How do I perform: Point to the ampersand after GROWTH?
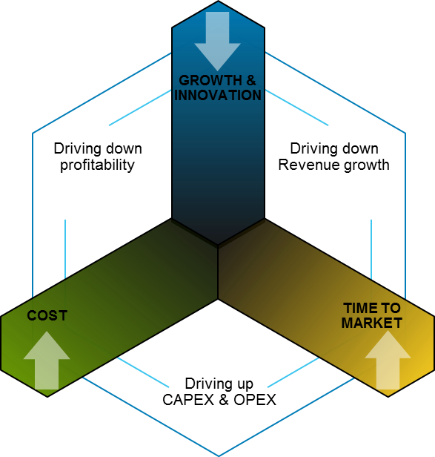pos(253,80)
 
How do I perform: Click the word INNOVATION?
pos(217,95)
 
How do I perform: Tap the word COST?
pos(47,315)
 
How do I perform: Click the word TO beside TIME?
pos(391,308)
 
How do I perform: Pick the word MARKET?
pos(371,323)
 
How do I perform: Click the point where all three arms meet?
pos(218,246)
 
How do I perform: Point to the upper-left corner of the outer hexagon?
pos(33,133)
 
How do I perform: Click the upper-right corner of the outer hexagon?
pos(405,133)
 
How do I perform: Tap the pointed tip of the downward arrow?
pos(217,70)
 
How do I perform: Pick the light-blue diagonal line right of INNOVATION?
pos(296,108)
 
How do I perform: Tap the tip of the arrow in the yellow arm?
pos(387,332)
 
